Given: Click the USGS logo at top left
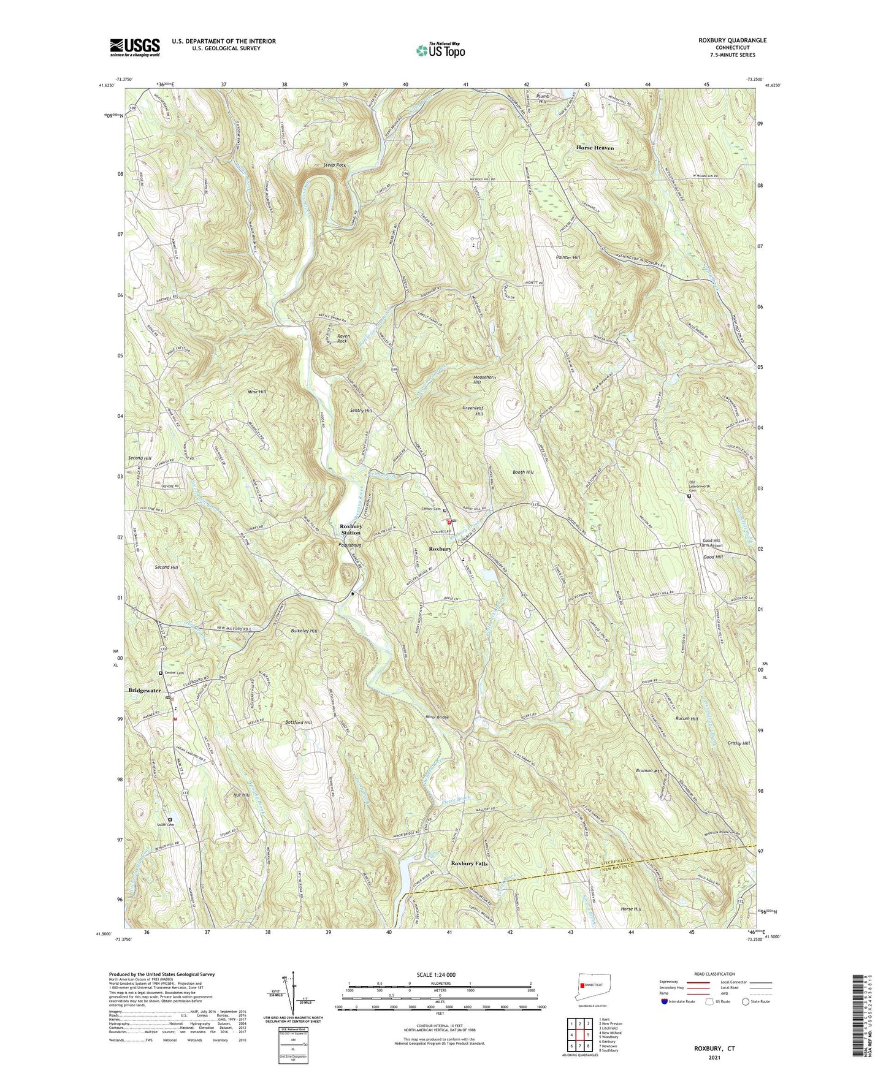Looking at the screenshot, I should [x=135, y=47].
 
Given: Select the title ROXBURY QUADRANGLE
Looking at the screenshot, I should [x=732, y=40].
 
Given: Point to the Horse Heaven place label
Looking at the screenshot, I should [x=594, y=148].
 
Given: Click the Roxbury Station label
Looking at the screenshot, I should [x=351, y=529].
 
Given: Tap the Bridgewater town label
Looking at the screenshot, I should [x=145, y=691].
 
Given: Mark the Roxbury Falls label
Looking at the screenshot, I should [x=469, y=863].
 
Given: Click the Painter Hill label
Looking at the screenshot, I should [x=568, y=258].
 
